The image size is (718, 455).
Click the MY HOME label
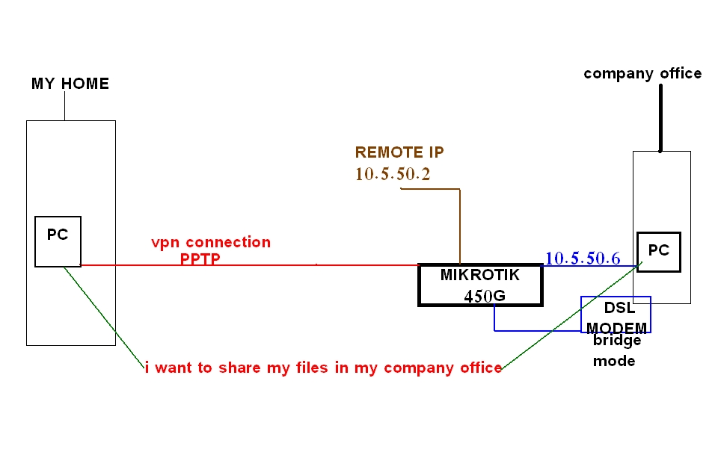tap(70, 84)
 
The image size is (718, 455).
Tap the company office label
tap(642, 73)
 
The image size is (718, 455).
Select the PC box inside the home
tap(58, 241)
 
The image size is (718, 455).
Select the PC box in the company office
tap(658, 251)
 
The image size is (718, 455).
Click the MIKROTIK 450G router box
tap(479, 285)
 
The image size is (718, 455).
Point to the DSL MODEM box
tap(616, 315)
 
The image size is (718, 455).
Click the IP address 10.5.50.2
tap(393, 174)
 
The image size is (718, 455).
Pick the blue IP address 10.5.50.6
tap(583, 259)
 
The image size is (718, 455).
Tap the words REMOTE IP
tap(399, 152)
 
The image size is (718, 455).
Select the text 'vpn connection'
tap(211, 242)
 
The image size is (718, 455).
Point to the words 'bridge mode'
tap(616, 350)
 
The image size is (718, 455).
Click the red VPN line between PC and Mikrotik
tap(247, 264)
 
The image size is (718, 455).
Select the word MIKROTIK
tap(479, 274)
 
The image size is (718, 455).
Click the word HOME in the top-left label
tap(85, 84)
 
